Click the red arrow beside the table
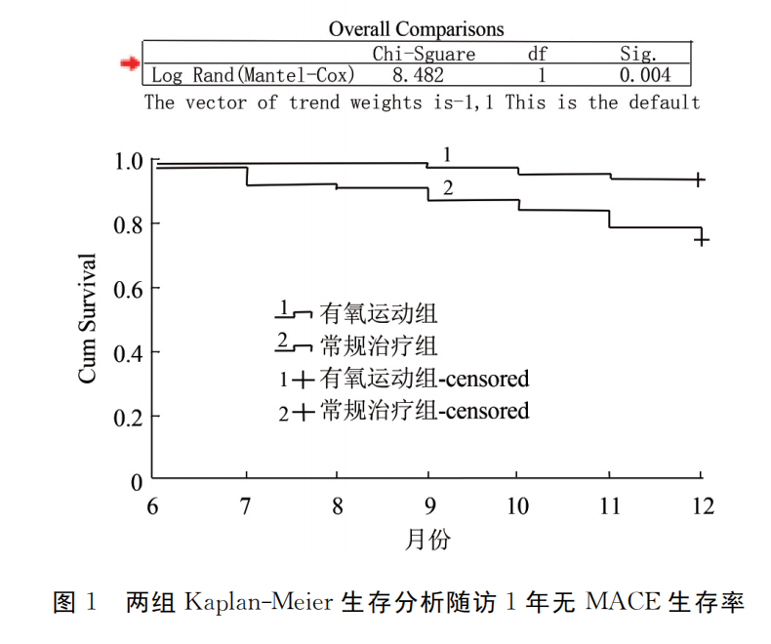click(x=129, y=64)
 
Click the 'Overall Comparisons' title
click(x=416, y=29)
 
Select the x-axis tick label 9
click(x=428, y=505)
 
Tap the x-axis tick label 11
click(x=609, y=505)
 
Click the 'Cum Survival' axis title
click(x=88, y=318)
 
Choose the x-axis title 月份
click(x=427, y=539)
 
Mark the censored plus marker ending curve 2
click(x=700, y=239)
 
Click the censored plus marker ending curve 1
click(x=700, y=180)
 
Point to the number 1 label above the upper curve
click(x=446, y=154)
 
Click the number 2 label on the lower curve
click(x=448, y=188)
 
